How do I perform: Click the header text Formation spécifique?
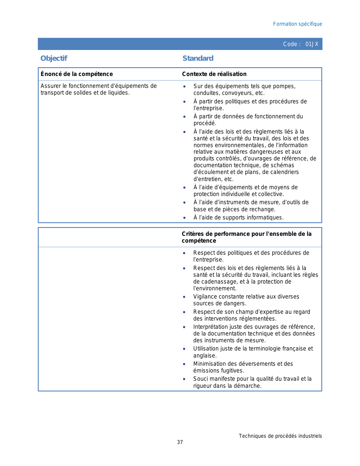tap(297, 24)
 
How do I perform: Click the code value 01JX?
tap(312, 44)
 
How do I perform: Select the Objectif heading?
tap(54, 58)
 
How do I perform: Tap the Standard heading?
tap(198, 58)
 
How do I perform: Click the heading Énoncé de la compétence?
tap(77, 74)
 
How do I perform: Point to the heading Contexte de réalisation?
tap(214, 74)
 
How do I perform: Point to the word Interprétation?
tap(211, 327)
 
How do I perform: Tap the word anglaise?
tap(204, 356)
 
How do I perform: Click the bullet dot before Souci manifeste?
tap(184, 379)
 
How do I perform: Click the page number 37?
tap(180, 442)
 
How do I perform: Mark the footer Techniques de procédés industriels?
tap(280, 436)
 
